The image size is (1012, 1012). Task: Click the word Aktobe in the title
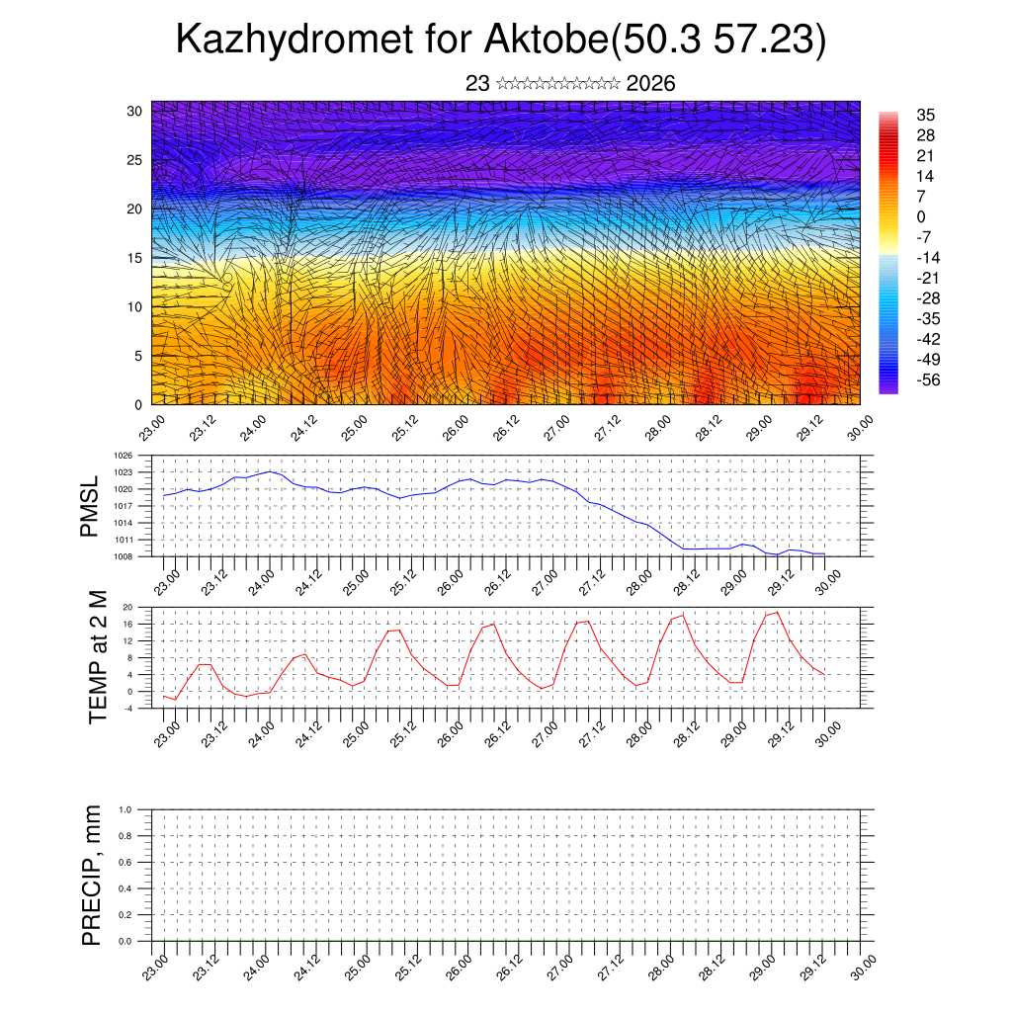[548, 41]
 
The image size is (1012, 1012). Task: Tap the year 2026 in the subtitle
[651, 84]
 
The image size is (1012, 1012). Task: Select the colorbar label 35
[926, 116]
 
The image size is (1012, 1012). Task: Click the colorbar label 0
[921, 216]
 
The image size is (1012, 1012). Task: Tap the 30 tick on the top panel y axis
[134, 111]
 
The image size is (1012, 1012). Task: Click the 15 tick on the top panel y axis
[134, 258]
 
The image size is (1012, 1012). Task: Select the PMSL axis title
[90, 506]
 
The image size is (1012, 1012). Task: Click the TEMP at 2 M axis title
[97, 657]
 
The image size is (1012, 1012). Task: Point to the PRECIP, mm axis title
[92, 875]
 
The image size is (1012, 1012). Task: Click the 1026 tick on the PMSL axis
[124, 456]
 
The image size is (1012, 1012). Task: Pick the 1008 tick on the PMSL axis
[124, 556]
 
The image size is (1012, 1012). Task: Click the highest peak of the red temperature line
[778, 613]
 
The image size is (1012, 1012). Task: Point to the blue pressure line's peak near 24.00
[272, 471]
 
